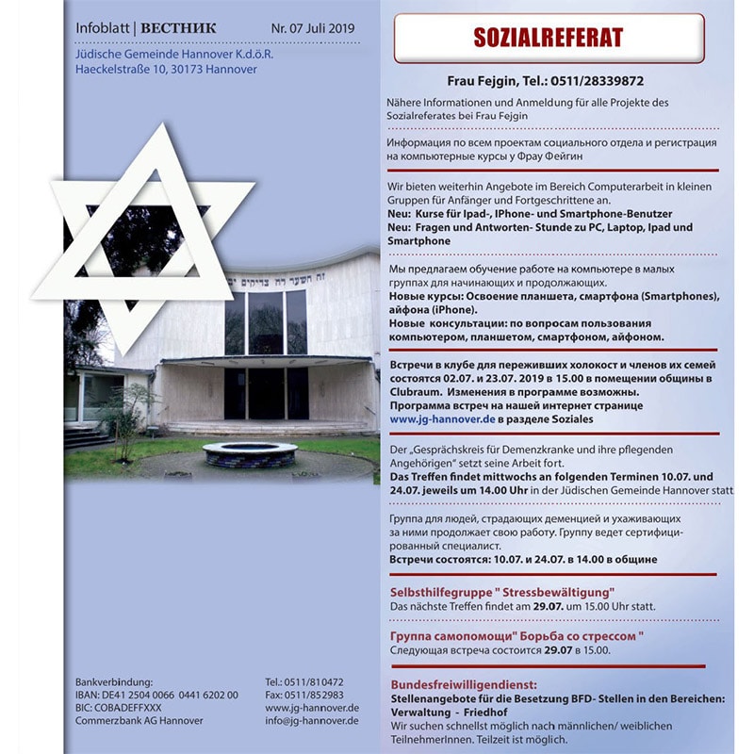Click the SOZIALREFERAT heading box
549,38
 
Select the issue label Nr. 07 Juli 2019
313,29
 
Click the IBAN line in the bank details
156,695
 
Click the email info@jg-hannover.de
312,721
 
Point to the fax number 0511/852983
303,695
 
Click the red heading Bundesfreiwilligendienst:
464,684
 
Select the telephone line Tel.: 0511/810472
304,681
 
